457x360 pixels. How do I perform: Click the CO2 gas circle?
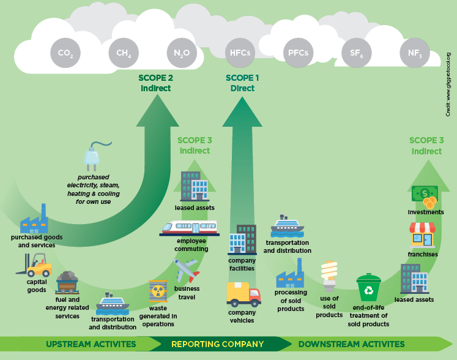pos(65,53)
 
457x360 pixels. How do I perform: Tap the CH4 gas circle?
pos(124,53)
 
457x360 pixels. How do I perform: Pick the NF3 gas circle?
pos(415,53)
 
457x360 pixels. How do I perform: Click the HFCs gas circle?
pos(240,53)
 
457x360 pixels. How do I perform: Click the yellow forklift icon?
pos(36,268)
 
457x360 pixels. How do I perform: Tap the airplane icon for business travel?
pos(187,270)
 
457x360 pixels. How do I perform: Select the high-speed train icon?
pos(189,229)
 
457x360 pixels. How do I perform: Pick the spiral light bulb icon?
pos(330,276)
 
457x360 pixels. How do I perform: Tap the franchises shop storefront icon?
pos(422,236)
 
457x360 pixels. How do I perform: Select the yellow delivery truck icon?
pos(243,294)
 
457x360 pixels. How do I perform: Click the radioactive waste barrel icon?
pos(158,292)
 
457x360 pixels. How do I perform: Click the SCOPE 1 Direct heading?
pos(242,83)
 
